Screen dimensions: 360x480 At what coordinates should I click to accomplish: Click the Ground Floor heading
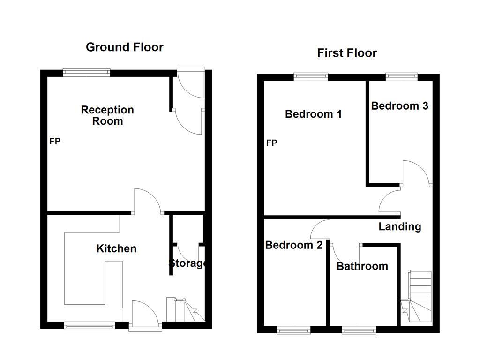tap(125, 47)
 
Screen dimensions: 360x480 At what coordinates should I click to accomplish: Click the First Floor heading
tap(347, 53)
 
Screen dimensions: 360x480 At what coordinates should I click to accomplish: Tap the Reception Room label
tap(107, 115)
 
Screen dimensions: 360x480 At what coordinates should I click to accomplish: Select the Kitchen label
tap(116, 248)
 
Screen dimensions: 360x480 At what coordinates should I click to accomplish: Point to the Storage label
tap(187, 263)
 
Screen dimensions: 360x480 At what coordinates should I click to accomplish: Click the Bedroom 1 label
tap(313, 114)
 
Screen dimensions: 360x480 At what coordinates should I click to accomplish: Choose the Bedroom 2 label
tap(293, 245)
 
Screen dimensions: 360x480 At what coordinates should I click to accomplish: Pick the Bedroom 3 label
tap(399, 106)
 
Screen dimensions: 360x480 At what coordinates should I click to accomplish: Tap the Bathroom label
tap(362, 266)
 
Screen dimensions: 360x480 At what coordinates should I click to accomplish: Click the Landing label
tap(400, 227)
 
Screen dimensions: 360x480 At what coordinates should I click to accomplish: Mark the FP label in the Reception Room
tap(55, 141)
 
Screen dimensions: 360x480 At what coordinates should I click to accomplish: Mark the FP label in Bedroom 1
tap(271, 143)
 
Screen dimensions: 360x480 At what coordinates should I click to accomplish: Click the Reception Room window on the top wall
tap(87, 72)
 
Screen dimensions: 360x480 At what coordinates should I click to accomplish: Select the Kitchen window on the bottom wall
tap(90, 325)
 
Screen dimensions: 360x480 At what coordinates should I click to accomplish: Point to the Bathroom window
tap(359, 330)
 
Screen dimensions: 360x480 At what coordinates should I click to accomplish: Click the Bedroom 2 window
tap(294, 330)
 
